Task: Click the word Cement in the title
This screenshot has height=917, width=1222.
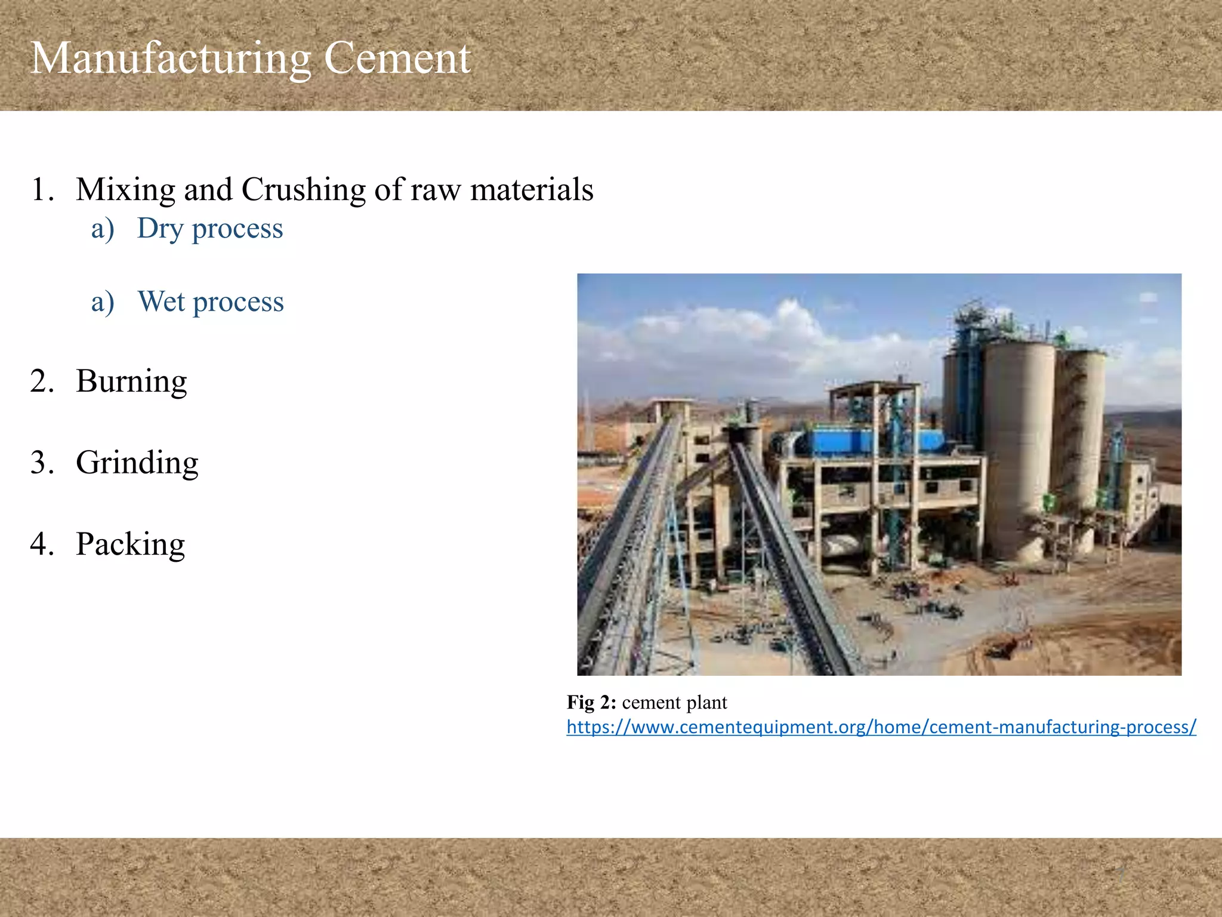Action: (x=397, y=59)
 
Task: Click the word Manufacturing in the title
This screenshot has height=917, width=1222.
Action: (x=170, y=59)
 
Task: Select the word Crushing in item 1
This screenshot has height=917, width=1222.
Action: (x=304, y=190)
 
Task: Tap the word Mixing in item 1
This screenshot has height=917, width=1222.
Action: (x=125, y=190)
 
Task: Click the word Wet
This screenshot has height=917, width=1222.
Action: (x=161, y=301)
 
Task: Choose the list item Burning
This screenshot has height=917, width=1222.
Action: (x=131, y=381)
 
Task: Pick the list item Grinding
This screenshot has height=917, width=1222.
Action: (x=137, y=463)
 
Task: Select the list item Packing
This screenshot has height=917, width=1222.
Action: (x=130, y=544)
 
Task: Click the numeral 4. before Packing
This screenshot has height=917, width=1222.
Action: (x=42, y=544)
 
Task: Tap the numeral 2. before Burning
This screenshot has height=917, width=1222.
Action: (x=42, y=381)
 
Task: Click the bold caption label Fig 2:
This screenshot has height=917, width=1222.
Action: (x=591, y=703)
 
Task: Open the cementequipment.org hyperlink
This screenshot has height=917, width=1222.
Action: (x=881, y=727)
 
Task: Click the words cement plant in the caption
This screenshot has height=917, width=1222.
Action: (x=674, y=703)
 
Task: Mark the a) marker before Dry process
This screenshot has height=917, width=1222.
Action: (x=103, y=229)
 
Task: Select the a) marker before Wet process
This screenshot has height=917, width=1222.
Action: (x=103, y=301)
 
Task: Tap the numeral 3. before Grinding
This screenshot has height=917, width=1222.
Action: (x=42, y=463)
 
